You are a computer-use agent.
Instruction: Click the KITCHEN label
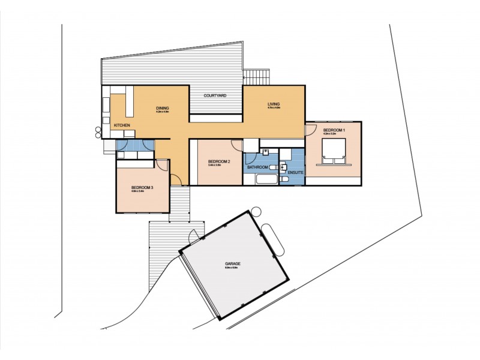point(122,125)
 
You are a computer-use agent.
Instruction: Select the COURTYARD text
point(214,95)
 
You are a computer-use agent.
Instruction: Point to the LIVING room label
point(274,104)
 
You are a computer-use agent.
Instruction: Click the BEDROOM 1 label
point(334,130)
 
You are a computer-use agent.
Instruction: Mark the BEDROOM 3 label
point(142,188)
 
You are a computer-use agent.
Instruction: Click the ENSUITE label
point(296,173)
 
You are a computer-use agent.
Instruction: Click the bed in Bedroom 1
point(334,150)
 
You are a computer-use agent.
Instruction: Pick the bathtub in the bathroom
point(264,179)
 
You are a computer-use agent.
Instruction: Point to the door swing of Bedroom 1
point(311,128)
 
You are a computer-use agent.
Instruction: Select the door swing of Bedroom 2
point(236,145)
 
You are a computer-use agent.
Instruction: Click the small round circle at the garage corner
point(256,211)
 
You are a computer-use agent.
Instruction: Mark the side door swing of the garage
point(195,236)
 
